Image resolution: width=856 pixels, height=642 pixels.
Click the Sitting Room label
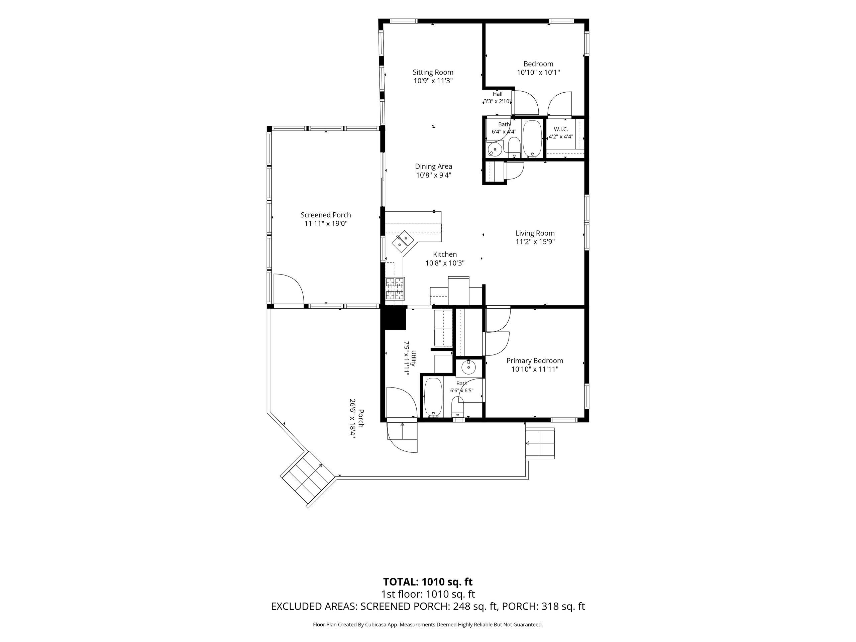click(433, 72)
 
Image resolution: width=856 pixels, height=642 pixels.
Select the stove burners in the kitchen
click(395, 289)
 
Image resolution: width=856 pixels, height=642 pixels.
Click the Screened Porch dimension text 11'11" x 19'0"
click(326, 223)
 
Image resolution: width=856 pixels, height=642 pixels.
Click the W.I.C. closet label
click(561, 129)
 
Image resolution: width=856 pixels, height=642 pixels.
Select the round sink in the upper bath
click(495, 149)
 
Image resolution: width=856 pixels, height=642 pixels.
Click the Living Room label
click(535, 233)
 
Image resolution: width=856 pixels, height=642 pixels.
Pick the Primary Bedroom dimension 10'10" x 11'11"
click(535, 369)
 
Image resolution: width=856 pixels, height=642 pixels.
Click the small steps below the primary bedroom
click(540, 443)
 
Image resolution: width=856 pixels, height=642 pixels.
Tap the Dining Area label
click(433, 167)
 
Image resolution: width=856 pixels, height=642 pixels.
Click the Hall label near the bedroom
click(498, 94)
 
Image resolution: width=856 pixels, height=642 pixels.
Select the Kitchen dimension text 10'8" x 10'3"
click(445, 263)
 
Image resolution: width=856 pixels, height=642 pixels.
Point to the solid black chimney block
click(393, 317)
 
